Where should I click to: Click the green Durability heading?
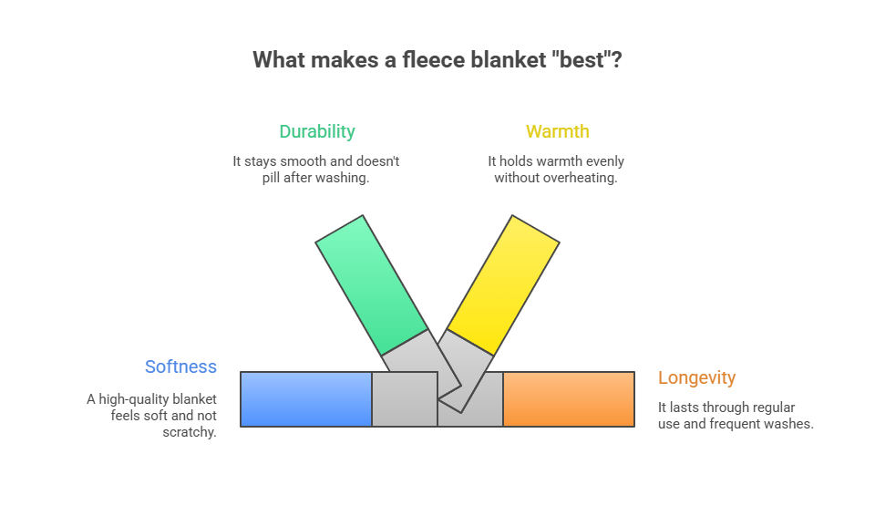(x=316, y=131)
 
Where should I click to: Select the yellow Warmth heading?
(x=557, y=131)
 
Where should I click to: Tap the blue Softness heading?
(x=180, y=366)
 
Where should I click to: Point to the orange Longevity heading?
(x=696, y=377)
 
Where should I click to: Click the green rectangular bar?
(x=371, y=284)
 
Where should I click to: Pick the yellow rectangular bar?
(x=503, y=284)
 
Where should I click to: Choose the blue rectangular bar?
(x=306, y=399)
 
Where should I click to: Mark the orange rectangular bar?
(x=568, y=399)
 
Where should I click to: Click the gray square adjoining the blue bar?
(x=404, y=399)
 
